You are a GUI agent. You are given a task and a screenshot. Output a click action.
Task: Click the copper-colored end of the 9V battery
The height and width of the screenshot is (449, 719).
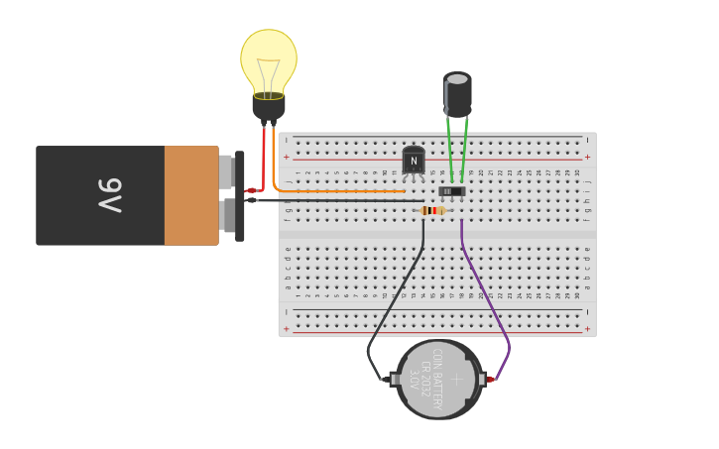tap(190, 195)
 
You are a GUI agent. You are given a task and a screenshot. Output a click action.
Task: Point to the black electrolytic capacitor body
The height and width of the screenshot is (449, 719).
tap(457, 96)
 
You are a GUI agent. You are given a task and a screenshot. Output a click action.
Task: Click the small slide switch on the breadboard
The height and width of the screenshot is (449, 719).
tap(451, 191)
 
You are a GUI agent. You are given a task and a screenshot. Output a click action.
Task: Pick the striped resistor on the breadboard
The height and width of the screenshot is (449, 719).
tap(432, 210)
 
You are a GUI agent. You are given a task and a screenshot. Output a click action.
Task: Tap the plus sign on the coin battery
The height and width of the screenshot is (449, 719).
tap(457, 378)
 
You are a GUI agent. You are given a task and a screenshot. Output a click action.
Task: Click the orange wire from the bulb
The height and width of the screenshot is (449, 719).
tap(337, 190)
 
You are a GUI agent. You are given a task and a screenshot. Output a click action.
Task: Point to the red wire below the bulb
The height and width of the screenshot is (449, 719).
tap(264, 159)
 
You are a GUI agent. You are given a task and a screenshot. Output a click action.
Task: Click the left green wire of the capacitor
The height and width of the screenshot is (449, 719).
tap(448, 149)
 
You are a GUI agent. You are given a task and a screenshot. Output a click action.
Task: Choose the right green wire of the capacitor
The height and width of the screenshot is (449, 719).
tap(464, 149)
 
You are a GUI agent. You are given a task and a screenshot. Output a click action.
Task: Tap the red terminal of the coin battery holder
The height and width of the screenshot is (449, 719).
tap(489, 379)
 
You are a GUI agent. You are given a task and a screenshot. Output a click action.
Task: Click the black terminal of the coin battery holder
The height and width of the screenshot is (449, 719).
tap(386, 379)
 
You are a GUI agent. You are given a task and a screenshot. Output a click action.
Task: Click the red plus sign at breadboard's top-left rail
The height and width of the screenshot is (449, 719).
tap(287, 157)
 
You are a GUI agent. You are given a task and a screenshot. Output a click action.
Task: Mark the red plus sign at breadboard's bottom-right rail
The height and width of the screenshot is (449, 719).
tap(587, 328)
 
